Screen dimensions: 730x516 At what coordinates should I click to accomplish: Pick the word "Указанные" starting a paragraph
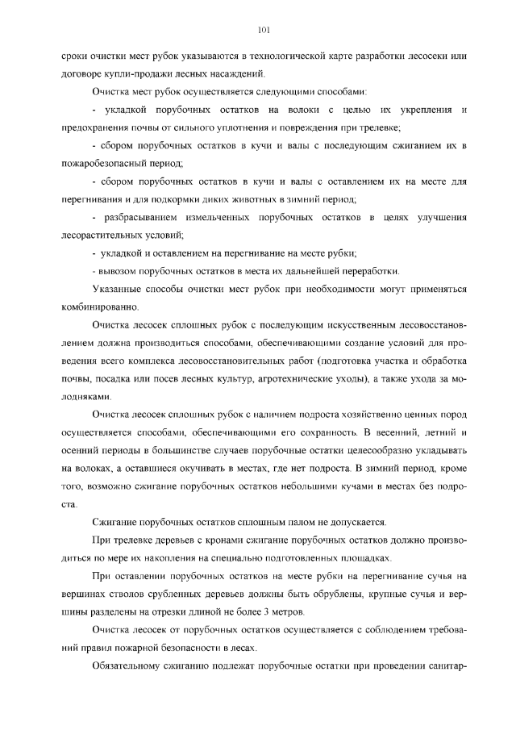pyautogui.click(x=117, y=289)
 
